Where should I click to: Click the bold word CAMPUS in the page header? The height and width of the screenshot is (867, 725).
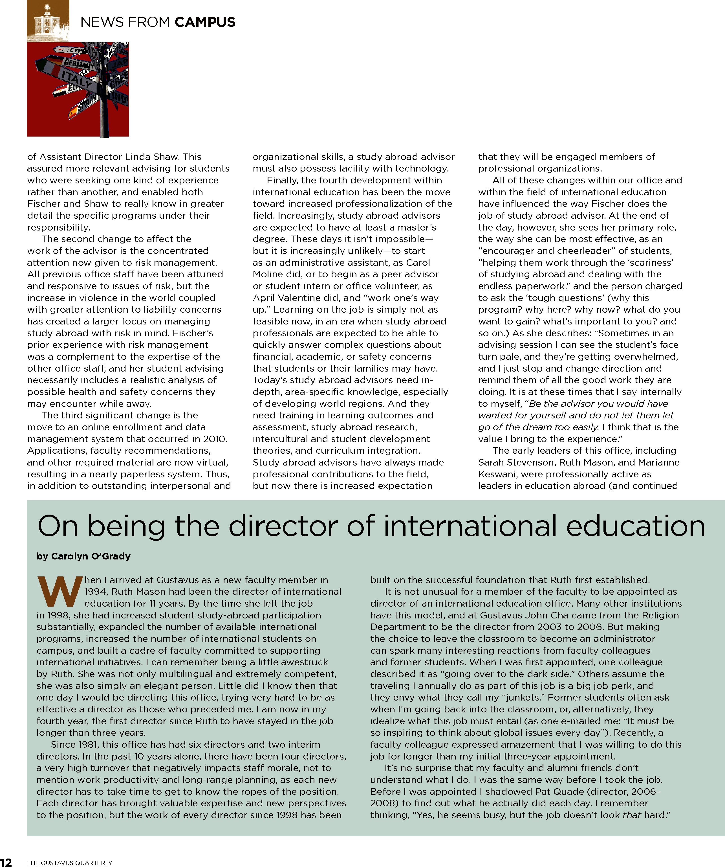[205, 22]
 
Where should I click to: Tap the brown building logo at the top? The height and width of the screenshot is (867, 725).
[48, 21]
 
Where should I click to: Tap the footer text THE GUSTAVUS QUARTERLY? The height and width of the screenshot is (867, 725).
[69, 863]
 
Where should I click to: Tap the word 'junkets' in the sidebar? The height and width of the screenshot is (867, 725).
[523, 697]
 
